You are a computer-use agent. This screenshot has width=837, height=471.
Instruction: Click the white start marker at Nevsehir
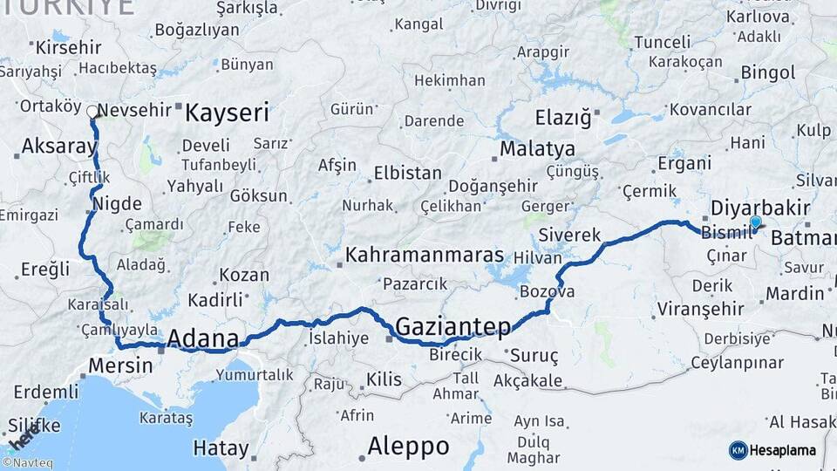coord(92,112)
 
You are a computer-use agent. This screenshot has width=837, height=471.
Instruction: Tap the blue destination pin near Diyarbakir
coord(755,223)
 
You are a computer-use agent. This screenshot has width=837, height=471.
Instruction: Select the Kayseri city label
coord(227,113)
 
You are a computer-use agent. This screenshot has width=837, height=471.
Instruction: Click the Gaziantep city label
coord(453,327)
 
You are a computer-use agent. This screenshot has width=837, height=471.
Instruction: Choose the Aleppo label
coord(408,447)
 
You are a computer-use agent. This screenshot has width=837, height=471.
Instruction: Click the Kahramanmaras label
coord(425,256)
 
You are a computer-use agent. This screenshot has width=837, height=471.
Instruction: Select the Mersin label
coord(120,365)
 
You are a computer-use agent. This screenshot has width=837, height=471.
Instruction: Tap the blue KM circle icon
coord(738,450)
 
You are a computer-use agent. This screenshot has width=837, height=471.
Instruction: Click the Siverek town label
coord(570,235)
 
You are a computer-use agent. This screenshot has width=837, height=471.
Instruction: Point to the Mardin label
coord(794,293)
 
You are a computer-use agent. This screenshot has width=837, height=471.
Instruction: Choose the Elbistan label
coord(407,173)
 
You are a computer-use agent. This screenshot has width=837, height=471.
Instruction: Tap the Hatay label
coord(221,448)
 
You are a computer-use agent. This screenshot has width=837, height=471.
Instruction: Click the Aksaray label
coord(58,147)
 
